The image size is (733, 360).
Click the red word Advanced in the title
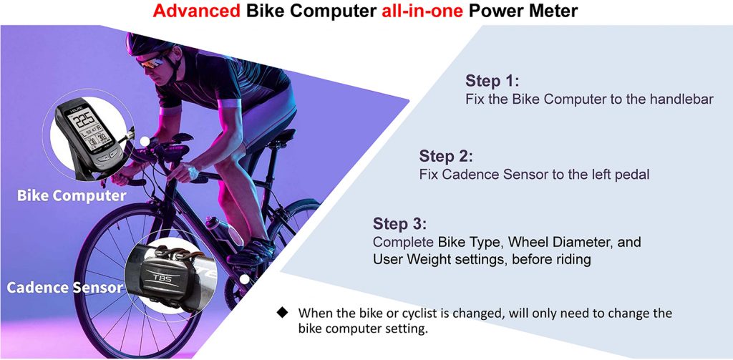tap(197, 11)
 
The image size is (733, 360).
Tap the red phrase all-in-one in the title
tap(422, 11)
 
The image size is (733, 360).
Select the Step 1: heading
tap(492, 81)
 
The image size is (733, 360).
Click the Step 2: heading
tap(447, 155)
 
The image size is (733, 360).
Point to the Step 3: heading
tap(400, 224)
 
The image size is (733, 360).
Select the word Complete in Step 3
tap(404, 243)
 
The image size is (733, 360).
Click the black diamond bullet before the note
tap(282, 312)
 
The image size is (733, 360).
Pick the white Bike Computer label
tap(72, 195)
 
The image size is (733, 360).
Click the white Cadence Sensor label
tap(65, 286)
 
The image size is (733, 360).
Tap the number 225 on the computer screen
tap(85, 121)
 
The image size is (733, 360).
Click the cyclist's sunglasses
tap(153, 63)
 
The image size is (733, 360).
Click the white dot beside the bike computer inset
tap(145, 141)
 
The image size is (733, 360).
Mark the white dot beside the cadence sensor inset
tap(244, 280)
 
